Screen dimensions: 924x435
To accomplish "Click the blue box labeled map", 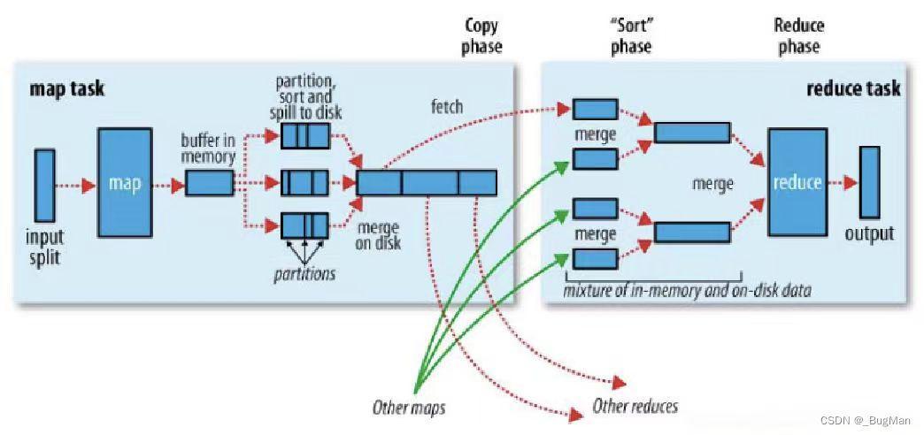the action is [x=125, y=182].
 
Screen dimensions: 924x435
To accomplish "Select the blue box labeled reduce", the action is [x=797, y=182].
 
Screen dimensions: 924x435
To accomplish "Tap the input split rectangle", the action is [x=45, y=185].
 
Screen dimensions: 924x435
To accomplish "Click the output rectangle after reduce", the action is [x=869, y=182].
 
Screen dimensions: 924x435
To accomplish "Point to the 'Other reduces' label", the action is [x=635, y=406].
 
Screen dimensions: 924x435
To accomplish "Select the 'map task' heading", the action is [x=66, y=89].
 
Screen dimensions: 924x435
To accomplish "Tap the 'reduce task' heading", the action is [x=853, y=88].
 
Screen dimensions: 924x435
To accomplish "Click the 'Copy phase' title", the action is [x=482, y=36].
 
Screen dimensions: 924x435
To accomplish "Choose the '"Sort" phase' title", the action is [x=631, y=36].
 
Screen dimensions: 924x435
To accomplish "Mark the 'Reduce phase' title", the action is [x=799, y=36].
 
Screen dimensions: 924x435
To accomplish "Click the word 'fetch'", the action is [x=447, y=107].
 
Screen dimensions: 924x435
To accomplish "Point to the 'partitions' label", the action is [x=304, y=274].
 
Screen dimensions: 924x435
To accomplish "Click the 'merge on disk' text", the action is [x=378, y=235].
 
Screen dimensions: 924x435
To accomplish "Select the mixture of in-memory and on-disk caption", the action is [x=687, y=290].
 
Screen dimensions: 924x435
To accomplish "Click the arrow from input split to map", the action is [x=75, y=186].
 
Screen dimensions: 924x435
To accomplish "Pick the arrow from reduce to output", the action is [x=843, y=182].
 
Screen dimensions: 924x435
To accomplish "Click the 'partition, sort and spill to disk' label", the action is [x=304, y=96].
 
